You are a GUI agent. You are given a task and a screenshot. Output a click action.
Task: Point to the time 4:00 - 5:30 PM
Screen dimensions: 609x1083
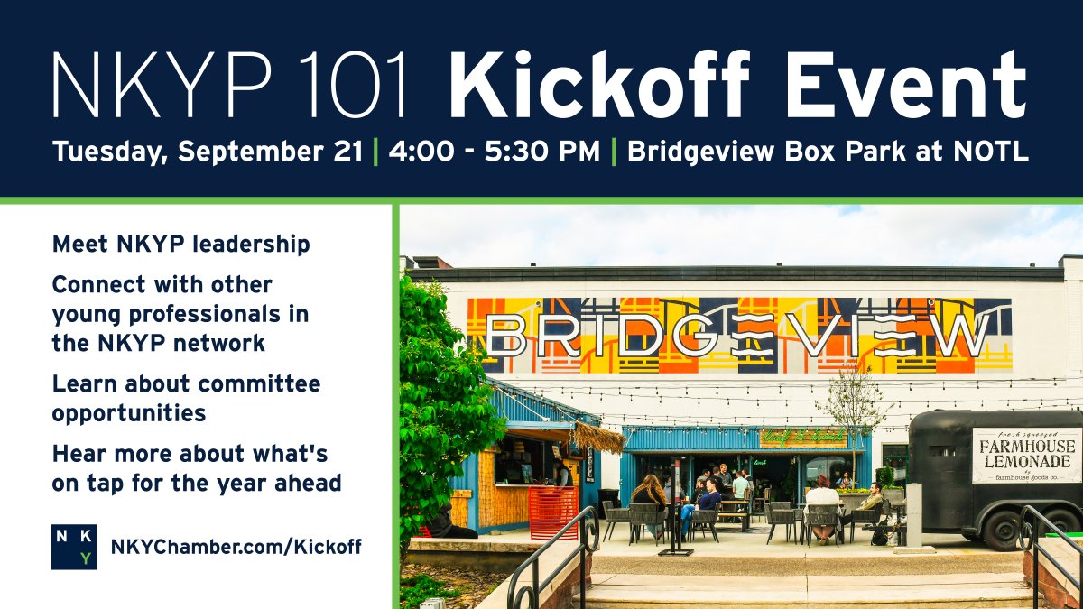pos(494,151)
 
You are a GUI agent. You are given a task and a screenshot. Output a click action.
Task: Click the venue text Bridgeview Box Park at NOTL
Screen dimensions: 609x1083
pos(827,151)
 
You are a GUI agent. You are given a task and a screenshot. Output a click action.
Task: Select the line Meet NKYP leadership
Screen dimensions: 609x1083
pos(180,245)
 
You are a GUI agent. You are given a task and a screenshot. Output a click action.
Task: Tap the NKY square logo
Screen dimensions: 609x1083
pos(74,547)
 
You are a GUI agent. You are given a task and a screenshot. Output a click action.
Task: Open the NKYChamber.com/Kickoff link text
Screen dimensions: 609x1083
pos(236,547)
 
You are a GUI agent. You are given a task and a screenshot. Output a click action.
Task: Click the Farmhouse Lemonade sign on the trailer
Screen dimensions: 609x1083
pos(1025,454)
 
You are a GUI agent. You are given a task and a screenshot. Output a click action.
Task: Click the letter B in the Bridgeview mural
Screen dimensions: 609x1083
pos(507,337)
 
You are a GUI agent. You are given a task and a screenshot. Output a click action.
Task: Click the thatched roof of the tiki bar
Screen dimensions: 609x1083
pos(598,438)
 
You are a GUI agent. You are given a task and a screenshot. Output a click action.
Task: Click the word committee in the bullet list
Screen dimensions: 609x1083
pos(259,383)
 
